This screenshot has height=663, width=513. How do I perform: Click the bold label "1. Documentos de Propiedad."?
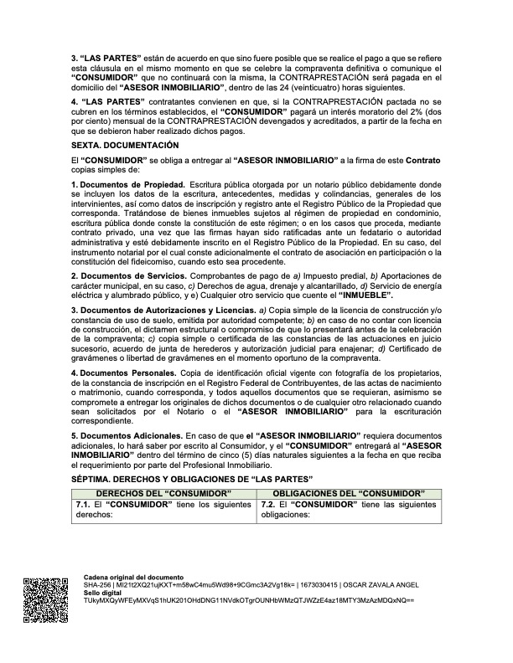coord(129,182)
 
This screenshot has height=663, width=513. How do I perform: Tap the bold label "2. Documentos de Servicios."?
coord(130,275)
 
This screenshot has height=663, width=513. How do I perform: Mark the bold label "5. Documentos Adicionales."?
coord(127,436)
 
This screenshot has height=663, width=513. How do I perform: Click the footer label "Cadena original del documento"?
coord(133,578)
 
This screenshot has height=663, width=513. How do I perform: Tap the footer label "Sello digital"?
coord(103,593)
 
